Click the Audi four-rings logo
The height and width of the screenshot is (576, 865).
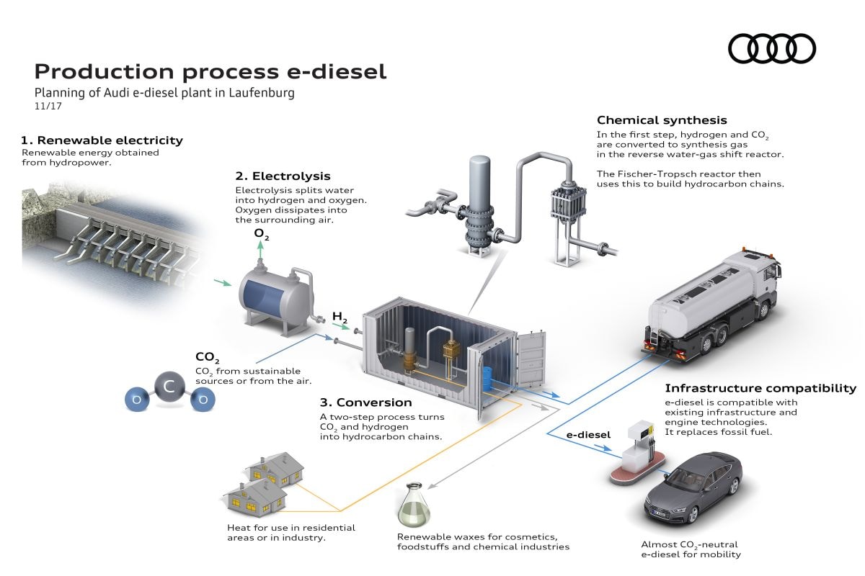771,48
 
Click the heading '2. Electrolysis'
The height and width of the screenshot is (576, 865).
283,176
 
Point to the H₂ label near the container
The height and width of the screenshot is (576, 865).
340,316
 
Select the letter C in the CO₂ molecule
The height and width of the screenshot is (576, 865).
169,387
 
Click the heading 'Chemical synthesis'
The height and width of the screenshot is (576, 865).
662,120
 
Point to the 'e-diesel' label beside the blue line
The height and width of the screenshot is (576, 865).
588,434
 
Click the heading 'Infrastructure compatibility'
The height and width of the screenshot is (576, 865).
760,388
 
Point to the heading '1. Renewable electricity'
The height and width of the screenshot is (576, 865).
102,140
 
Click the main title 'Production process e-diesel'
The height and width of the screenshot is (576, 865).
210,71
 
